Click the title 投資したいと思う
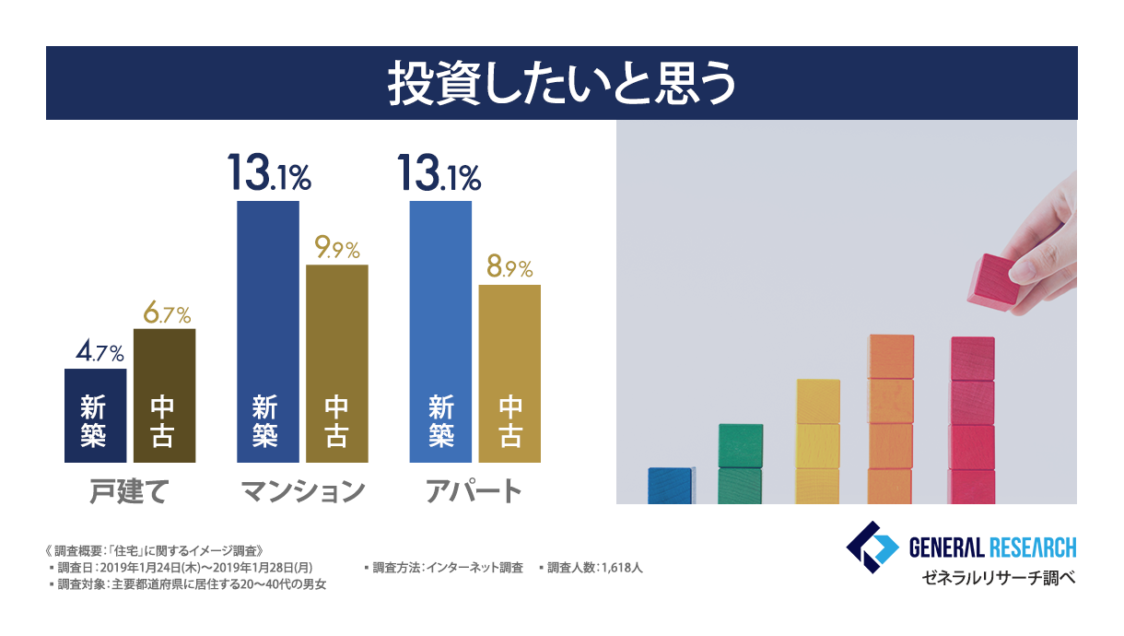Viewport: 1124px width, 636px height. click(x=561, y=84)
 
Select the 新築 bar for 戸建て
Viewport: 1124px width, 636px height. click(x=95, y=415)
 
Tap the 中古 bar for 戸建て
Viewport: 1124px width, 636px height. click(x=164, y=395)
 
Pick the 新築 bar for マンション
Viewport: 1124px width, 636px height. click(x=267, y=332)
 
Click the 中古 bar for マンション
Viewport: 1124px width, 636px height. click(x=336, y=363)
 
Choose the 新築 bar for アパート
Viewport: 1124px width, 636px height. click(x=440, y=332)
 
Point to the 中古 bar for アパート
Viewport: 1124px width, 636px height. click(x=509, y=373)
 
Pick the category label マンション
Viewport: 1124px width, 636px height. click(x=302, y=490)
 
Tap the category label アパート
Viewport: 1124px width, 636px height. click(x=474, y=490)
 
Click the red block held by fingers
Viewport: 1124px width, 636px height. click(x=993, y=278)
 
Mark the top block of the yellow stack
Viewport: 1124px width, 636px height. click(x=818, y=401)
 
